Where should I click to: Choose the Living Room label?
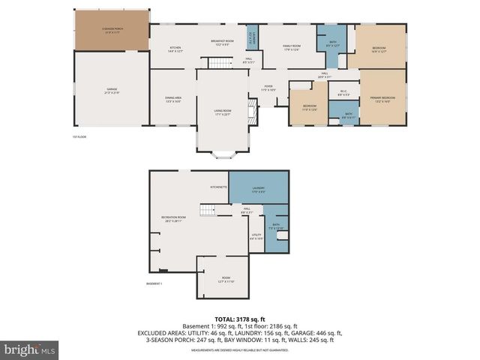tap(222, 112)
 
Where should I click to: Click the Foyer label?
tap(268, 88)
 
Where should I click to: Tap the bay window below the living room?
tap(223, 154)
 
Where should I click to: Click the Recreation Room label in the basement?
tap(172, 219)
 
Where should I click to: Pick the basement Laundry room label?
tap(258, 190)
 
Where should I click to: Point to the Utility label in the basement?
tap(256, 236)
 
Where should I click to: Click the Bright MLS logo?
tap(30, 349)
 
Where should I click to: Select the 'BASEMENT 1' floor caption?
tap(154, 283)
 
